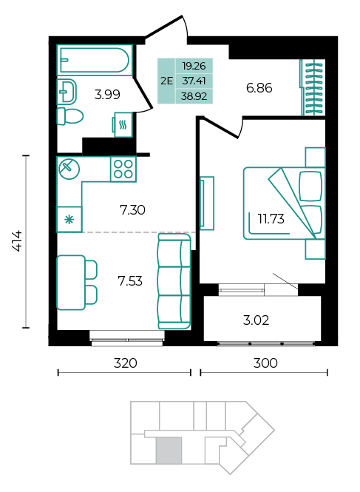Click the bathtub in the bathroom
(95, 60)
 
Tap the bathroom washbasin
(67, 92)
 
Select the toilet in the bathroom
(69, 116)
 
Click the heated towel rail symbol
(123, 124)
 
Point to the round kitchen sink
(69, 169)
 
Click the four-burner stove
(123, 169)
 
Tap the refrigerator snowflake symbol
(69, 220)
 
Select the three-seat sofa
(174, 281)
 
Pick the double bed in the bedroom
(284, 203)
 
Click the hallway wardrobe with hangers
(313, 87)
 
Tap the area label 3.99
(107, 95)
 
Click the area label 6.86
(259, 88)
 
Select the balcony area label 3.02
(256, 320)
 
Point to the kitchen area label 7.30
(132, 210)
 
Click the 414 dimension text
(17, 240)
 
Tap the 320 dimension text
(125, 363)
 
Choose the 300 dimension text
(265, 363)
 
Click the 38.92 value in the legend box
(194, 96)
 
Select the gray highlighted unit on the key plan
(169, 450)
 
